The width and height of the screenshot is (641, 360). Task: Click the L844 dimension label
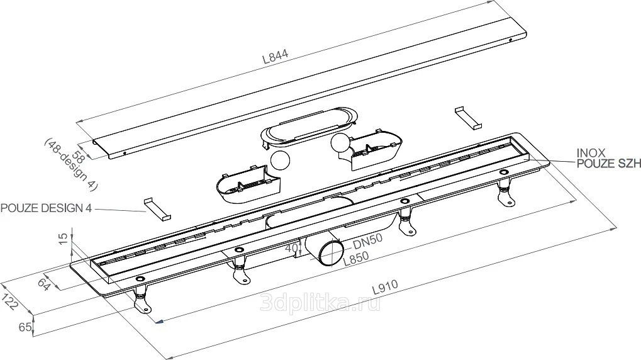click(x=275, y=55)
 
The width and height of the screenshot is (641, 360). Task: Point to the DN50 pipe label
click(x=367, y=241)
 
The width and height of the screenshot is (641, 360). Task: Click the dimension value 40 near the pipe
click(x=292, y=247)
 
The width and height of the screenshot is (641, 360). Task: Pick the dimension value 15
click(x=64, y=239)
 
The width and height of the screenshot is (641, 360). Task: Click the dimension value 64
click(x=44, y=284)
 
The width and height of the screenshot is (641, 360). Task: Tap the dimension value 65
click(x=25, y=327)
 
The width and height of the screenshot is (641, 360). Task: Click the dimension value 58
click(x=77, y=157)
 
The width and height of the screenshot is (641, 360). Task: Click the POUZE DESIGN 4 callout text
click(x=46, y=208)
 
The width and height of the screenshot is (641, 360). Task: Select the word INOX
click(x=591, y=153)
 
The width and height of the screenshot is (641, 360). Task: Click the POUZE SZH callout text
click(x=608, y=164)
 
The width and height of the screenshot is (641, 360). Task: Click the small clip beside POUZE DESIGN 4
click(x=157, y=210)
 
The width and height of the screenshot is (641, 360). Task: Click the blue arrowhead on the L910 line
click(x=160, y=322)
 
